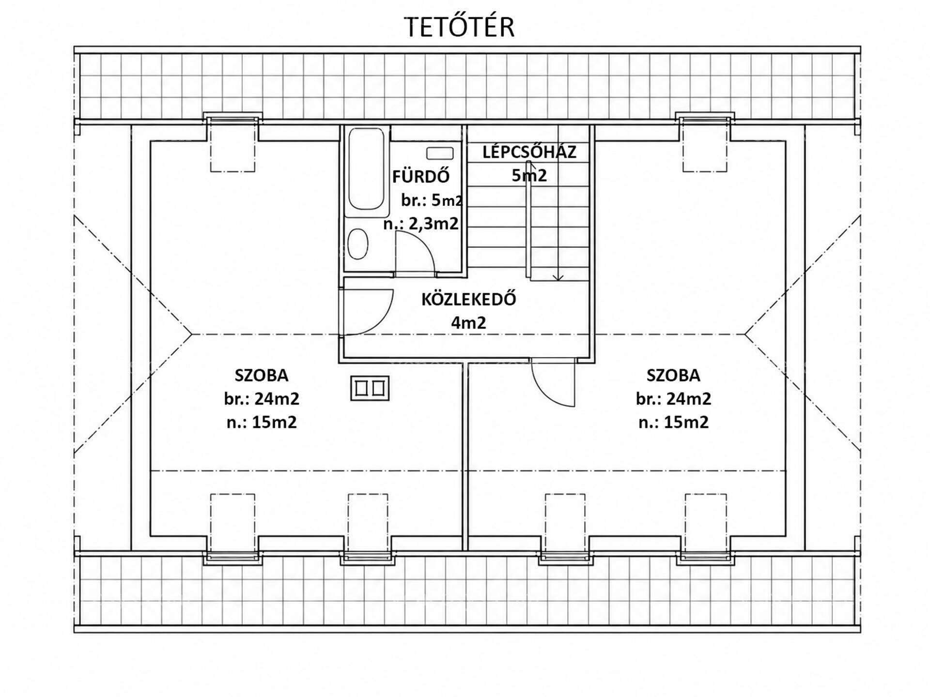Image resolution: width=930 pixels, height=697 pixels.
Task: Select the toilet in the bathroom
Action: [358, 243]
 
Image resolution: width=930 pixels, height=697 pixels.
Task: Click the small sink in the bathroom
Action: [440, 153]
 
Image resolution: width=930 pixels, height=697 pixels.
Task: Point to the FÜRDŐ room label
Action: [421, 176]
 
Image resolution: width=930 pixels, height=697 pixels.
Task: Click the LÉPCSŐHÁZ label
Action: [529, 152]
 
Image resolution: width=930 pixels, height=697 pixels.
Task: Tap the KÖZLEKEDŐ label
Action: [468, 299]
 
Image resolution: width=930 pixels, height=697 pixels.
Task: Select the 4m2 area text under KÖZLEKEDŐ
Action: [468, 322]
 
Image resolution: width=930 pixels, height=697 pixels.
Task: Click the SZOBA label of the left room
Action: [262, 375]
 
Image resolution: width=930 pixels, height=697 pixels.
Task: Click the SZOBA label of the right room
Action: [673, 375]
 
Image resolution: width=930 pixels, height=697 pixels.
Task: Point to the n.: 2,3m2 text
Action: [421, 224]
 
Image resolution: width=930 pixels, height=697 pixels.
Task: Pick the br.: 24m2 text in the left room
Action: [262, 398]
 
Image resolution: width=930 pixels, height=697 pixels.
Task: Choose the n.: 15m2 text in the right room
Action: [673, 422]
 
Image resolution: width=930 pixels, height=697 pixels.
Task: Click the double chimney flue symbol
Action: [370, 389]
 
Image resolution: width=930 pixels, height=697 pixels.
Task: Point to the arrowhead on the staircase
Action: [558, 277]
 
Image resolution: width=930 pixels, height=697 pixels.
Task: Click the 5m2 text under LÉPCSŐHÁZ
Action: [529, 175]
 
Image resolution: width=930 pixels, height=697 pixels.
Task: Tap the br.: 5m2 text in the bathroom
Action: [432, 200]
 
